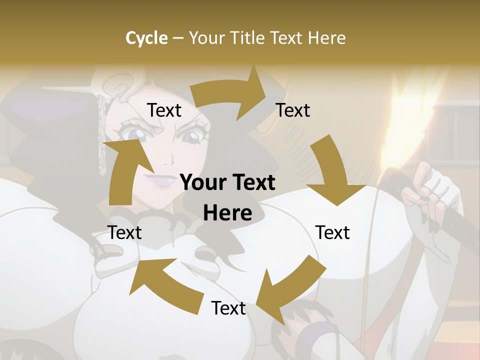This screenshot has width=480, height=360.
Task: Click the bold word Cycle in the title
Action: [146, 38]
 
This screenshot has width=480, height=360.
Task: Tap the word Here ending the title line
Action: [327, 38]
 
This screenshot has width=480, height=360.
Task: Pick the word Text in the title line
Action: [288, 38]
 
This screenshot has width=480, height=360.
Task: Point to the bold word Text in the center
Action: [252, 183]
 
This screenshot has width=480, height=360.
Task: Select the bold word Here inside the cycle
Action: [227, 213]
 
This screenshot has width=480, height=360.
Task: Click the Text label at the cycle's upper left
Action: [164, 110]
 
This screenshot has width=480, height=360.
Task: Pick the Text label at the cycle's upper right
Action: [293, 110]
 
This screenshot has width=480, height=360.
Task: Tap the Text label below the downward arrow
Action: [332, 232]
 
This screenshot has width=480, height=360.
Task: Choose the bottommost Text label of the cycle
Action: [228, 308]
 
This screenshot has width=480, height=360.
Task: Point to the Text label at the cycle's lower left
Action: [125, 232]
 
